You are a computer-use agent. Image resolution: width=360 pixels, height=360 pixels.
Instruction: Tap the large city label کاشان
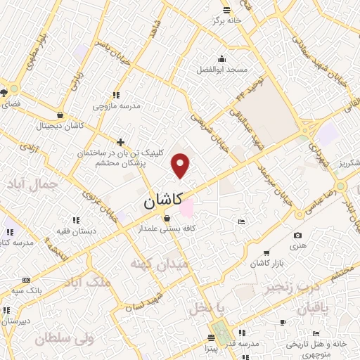click(164, 200)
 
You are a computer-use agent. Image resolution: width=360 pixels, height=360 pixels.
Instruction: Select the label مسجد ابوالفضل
click(223, 70)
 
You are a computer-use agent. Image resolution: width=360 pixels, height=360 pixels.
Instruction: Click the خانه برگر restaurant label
click(227, 20)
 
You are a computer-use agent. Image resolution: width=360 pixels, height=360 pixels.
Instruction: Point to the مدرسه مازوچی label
click(117, 105)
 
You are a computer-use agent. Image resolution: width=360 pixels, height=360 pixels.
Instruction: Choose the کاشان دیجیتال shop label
click(62, 126)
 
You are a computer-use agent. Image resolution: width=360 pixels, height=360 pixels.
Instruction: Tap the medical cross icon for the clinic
click(121, 142)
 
